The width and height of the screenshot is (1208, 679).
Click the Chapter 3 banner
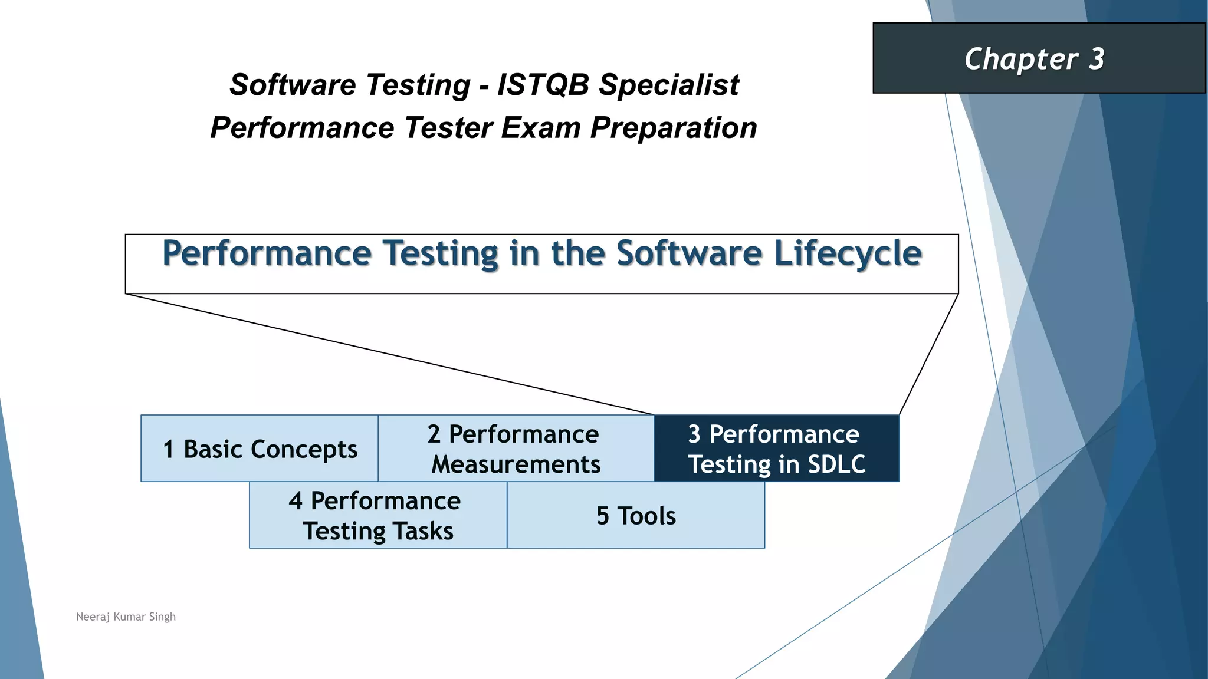pyautogui.click(x=1038, y=58)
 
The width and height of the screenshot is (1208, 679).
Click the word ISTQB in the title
pyautogui.click(x=543, y=85)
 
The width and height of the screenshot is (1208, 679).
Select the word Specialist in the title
pyautogui.click(x=669, y=85)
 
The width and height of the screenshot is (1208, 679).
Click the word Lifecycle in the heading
pyautogui.click(x=847, y=253)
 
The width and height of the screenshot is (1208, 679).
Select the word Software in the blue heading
pyautogui.click(x=689, y=253)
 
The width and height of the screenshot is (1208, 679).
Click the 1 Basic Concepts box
pyautogui.click(x=260, y=449)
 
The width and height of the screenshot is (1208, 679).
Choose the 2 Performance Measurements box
pyautogui.click(x=516, y=449)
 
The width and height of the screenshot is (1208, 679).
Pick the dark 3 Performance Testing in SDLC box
pyautogui.click(x=776, y=449)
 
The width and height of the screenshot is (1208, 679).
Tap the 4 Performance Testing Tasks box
pyautogui.click(x=377, y=516)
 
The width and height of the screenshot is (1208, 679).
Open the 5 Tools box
pyautogui.click(x=636, y=516)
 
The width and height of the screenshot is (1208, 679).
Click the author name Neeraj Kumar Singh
pyautogui.click(x=126, y=617)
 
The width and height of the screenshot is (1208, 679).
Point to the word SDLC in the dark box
pyautogui.click(x=836, y=464)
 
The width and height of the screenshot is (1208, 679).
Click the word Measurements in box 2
pyautogui.click(x=516, y=464)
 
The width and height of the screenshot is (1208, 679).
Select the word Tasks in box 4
pyautogui.click(x=423, y=531)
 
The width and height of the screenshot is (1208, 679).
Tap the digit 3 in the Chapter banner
pyautogui.click(x=1096, y=59)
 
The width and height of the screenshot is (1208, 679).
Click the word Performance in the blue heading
pyautogui.click(x=267, y=253)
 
